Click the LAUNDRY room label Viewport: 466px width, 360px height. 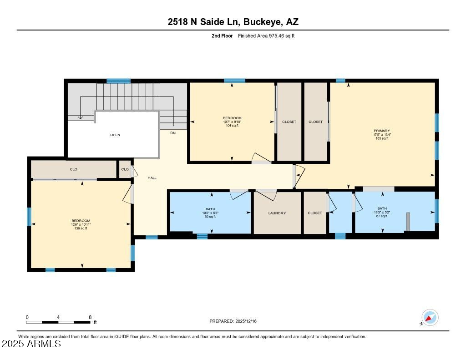pos(277,213)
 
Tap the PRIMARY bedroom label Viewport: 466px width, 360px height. pos(382,131)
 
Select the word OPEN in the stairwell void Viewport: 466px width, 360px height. pos(115,135)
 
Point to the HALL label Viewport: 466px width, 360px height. pos(152,178)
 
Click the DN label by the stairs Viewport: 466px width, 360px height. pos(173,133)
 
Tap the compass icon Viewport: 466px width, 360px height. pos(430,318)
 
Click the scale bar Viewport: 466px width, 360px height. pos(58,322)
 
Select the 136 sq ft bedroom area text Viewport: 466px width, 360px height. pos(81,228)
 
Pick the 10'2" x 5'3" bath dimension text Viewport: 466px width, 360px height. pos(210,213)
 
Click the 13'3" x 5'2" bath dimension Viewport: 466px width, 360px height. pos(382,212)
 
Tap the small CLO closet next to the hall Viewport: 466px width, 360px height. pos(125,169)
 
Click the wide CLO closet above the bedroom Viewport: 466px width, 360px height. pos(73,169)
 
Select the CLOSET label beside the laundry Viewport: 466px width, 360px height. pos(315,213)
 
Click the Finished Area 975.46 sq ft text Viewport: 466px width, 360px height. pos(266,36)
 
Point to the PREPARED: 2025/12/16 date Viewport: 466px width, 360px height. pos(233,321)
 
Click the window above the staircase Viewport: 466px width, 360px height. pos(119,81)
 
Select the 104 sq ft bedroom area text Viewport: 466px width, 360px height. pos(232,126)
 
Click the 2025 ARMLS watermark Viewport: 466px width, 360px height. pos(31,344)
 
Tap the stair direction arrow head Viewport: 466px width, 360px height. pos(80,118)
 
